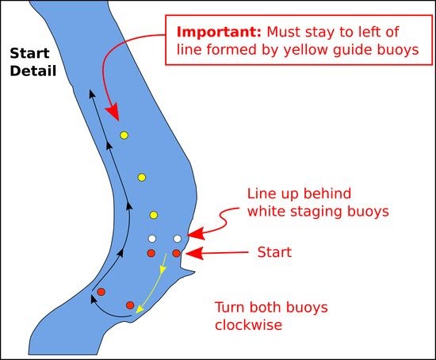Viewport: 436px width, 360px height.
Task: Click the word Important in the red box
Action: tap(219, 33)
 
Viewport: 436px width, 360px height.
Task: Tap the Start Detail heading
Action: tap(33, 62)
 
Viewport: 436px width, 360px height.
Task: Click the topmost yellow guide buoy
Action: tap(124, 136)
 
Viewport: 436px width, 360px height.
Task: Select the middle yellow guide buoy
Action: tap(142, 177)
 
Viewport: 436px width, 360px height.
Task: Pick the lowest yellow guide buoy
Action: tap(154, 215)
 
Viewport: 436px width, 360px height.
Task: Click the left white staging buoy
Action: tap(152, 239)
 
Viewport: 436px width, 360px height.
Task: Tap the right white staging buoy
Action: tap(178, 239)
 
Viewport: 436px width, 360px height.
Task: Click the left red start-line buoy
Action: tap(151, 253)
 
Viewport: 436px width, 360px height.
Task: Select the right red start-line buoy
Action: tap(176, 253)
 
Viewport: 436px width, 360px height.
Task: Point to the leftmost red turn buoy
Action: tap(101, 292)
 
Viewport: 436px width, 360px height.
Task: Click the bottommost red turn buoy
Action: tap(130, 305)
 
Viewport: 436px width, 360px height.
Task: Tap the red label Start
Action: tap(274, 252)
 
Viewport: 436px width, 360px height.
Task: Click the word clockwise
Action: tap(249, 324)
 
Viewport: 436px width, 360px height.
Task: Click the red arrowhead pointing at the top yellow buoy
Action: tap(113, 113)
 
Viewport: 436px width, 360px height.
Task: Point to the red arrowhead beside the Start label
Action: tap(194, 253)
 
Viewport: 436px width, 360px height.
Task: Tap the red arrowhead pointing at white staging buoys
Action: tap(197, 233)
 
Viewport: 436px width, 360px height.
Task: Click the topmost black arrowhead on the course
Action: tap(92, 94)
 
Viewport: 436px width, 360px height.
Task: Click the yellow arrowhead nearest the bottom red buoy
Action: tap(140, 308)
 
